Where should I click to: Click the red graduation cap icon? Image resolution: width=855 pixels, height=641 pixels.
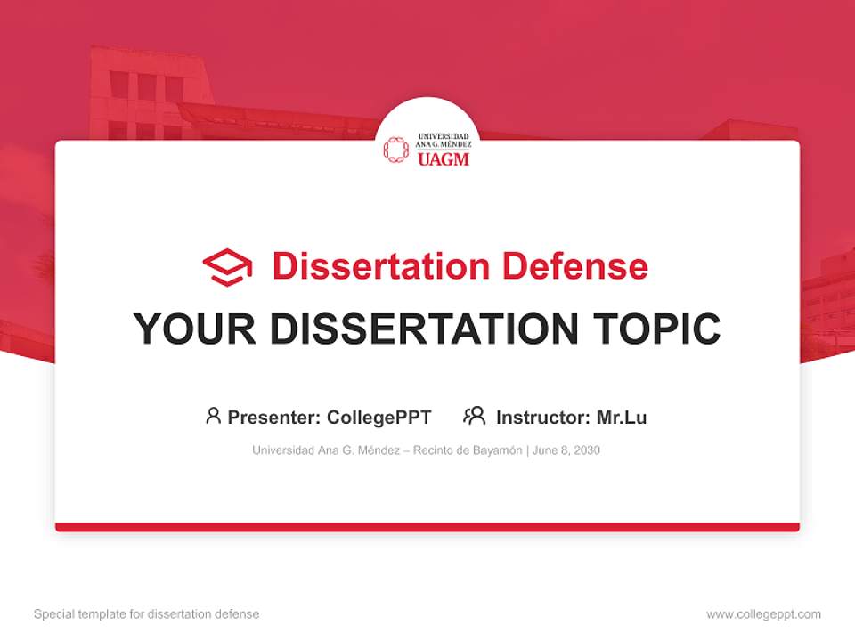click(227, 267)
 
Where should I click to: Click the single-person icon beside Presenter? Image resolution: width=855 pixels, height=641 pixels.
click(213, 416)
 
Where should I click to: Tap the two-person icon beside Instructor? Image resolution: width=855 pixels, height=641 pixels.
click(474, 416)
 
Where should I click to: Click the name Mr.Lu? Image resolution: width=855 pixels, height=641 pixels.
click(622, 417)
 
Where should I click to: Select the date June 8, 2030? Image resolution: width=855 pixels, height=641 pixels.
click(566, 450)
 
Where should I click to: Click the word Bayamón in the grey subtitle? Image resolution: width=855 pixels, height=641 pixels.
click(493, 450)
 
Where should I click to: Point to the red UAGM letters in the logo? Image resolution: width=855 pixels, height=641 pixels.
click(443, 160)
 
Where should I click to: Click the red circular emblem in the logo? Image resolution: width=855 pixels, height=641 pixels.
click(396, 150)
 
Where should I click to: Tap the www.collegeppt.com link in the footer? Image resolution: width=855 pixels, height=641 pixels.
click(763, 614)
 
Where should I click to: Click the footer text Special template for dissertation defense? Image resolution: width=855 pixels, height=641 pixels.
click(146, 614)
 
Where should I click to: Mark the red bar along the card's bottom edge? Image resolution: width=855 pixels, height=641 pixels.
click(427, 527)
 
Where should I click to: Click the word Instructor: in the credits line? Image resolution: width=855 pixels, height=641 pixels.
click(542, 417)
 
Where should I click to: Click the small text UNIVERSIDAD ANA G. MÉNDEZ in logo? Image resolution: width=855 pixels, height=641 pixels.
click(443, 141)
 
